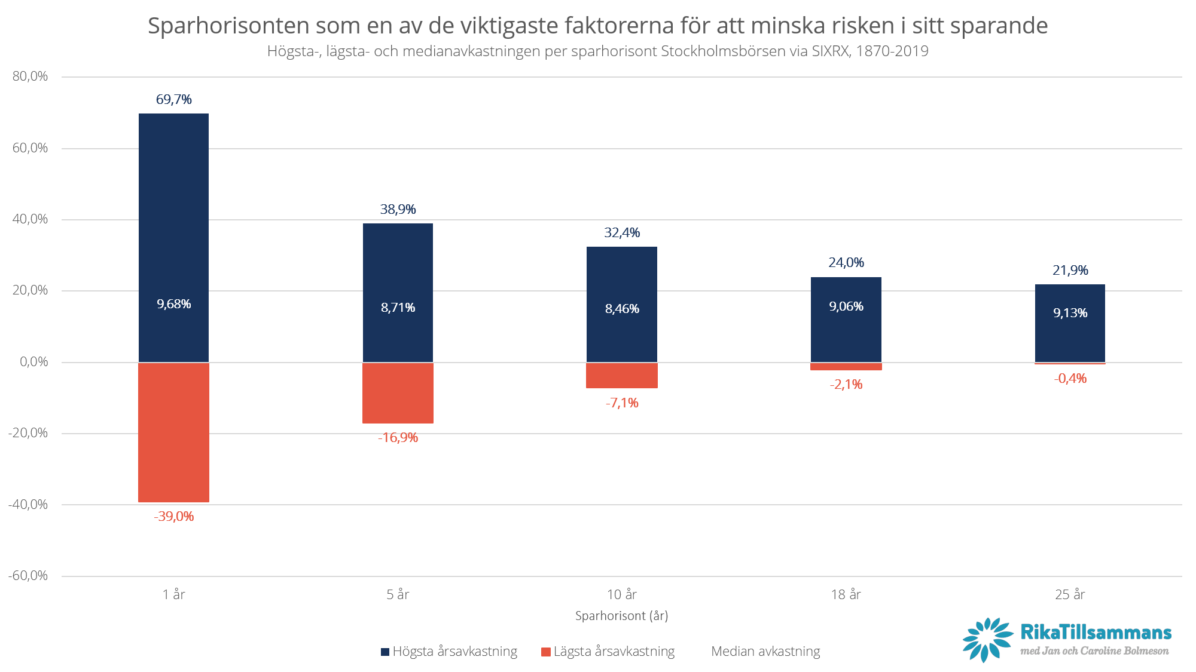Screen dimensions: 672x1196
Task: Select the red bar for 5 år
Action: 398,393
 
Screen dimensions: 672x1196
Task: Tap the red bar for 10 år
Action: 622,376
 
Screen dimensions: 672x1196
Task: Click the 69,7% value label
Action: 173,100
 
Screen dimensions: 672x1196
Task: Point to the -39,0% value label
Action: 173,517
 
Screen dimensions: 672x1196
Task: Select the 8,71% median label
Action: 398,308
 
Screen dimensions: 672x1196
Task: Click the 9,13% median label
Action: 1070,313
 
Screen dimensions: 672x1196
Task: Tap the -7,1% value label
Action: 622,403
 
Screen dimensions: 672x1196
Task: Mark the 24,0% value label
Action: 846,263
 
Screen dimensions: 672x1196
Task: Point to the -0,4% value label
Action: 1070,379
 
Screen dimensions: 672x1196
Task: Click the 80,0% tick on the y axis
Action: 30,76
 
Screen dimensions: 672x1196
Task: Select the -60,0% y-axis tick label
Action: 28,576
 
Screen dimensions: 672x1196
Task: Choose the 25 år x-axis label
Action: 1070,595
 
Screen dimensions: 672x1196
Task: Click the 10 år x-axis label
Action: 622,595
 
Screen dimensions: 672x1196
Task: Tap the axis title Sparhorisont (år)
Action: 621,616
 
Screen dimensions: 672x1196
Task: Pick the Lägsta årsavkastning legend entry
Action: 614,652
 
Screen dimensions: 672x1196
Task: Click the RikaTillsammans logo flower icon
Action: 987,640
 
